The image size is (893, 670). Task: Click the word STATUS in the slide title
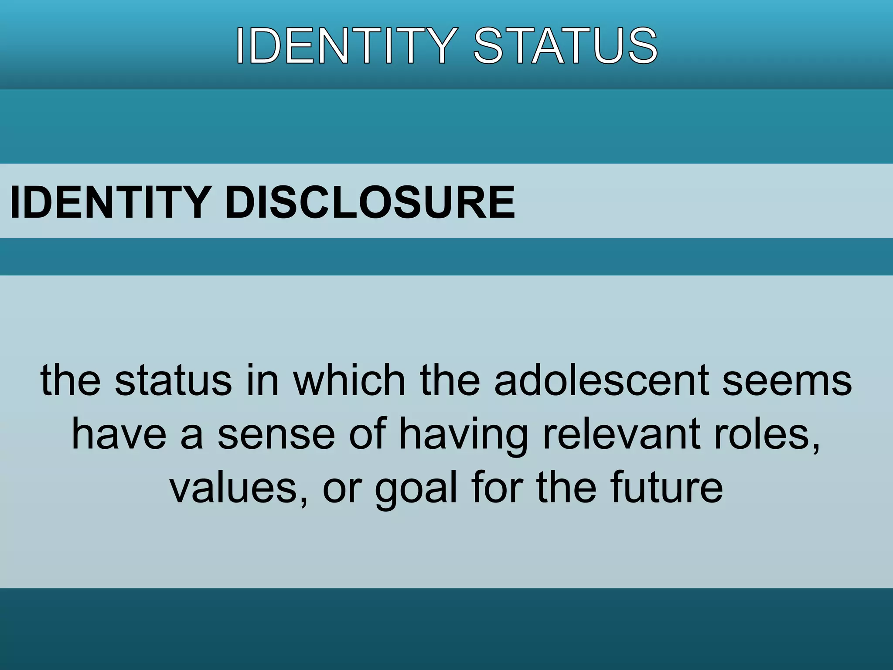(x=566, y=46)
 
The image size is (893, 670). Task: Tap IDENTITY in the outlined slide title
(x=346, y=46)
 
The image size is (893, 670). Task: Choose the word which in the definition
(x=349, y=380)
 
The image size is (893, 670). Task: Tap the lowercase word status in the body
(x=173, y=380)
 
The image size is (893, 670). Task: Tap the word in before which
(x=262, y=380)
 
